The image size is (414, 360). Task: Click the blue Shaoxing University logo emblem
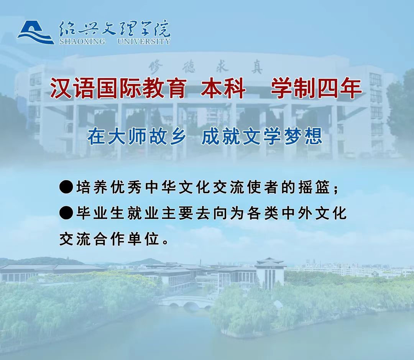tap(36, 33)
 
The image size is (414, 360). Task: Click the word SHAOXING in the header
tap(82, 41)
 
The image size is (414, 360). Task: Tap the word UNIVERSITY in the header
tap(144, 41)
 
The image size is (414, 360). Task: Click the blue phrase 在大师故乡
tap(137, 136)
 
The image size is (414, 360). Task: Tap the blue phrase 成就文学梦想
tap(262, 136)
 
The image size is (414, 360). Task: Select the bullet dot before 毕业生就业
tap(66, 213)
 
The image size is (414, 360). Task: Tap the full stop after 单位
tap(166, 242)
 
